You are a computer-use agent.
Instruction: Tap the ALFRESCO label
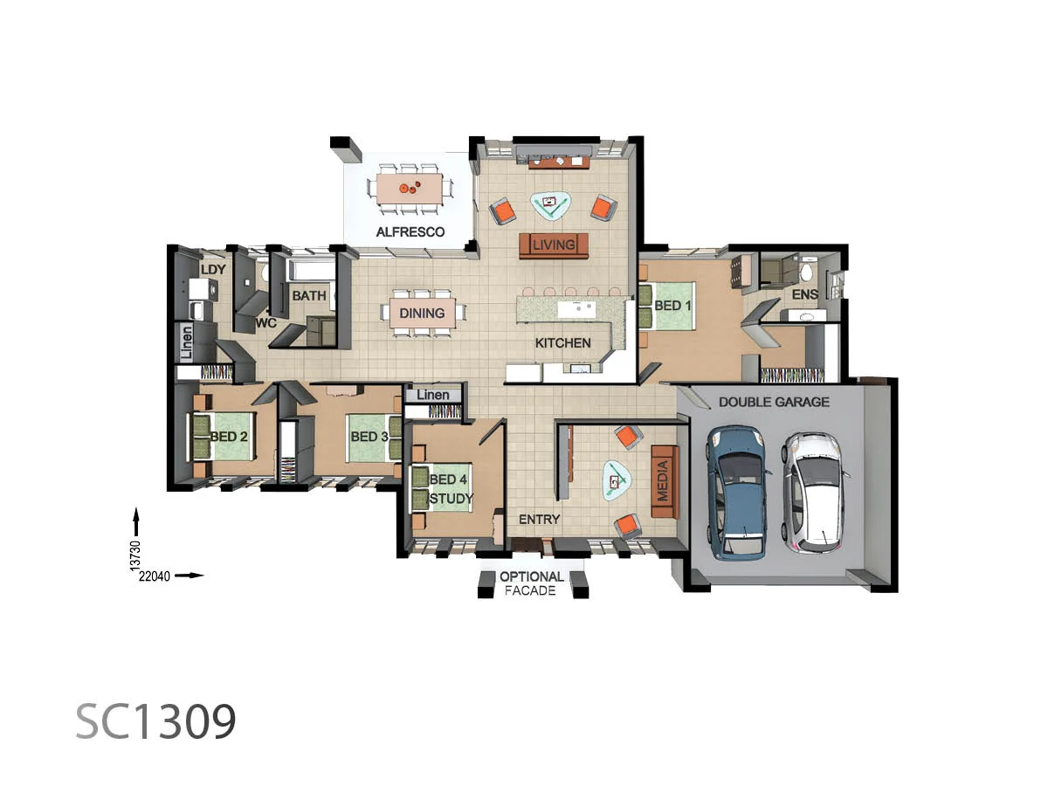click(410, 232)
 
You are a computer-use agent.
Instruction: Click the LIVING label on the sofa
click(554, 245)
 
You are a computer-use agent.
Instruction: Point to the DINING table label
click(422, 313)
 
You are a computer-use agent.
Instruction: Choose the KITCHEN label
click(563, 342)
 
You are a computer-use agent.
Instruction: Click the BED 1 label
click(672, 306)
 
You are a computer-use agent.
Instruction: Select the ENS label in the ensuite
click(805, 294)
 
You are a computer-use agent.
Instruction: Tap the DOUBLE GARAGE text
click(774, 402)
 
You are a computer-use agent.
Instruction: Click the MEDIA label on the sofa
click(663, 480)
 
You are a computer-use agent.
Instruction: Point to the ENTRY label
click(540, 520)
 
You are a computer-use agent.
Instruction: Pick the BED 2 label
click(229, 437)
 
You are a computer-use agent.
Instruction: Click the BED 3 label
click(369, 437)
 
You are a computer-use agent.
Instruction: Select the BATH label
click(309, 296)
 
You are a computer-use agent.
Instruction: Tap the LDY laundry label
click(213, 270)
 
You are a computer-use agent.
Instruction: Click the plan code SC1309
click(155, 721)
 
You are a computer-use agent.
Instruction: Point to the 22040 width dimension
click(155, 576)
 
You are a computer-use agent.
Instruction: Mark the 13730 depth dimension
click(135, 555)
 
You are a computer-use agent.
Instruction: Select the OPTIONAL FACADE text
click(531, 583)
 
